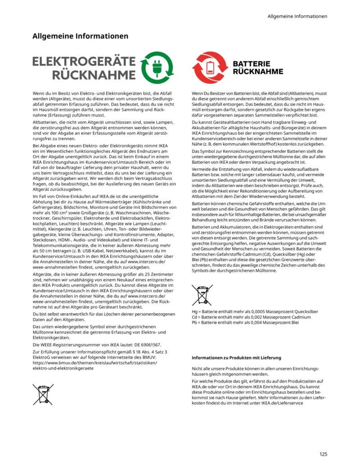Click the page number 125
(x=324, y=454)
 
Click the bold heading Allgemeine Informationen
(x=80, y=36)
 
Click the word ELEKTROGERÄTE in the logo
(x=84, y=61)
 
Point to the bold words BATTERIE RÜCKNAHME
(x=257, y=68)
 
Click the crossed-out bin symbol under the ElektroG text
(x=43, y=394)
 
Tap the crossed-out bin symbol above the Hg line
(x=202, y=295)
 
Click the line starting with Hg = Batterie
(x=255, y=311)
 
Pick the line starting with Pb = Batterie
(x=245, y=322)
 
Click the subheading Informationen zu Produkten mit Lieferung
(x=236, y=358)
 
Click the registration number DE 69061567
(x=143, y=345)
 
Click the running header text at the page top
(x=297, y=17)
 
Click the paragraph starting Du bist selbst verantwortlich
(x=97, y=316)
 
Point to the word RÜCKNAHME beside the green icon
(x=93, y=75)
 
